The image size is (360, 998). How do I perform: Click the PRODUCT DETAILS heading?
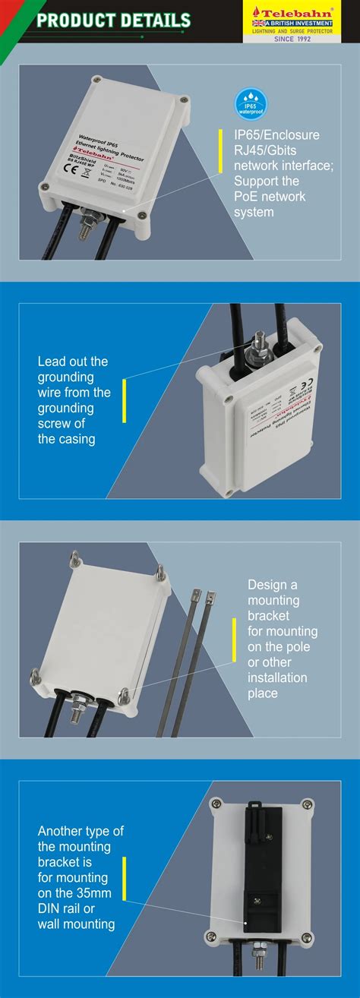pyautogui.click(x=113, y=21)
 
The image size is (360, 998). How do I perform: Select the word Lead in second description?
pyautogui.click(x=52, y=362)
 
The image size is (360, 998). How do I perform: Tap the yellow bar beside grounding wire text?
pyautogui.click(x=124, y=400)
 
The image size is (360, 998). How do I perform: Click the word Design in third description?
pyautogui.click(x=267, y=585)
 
